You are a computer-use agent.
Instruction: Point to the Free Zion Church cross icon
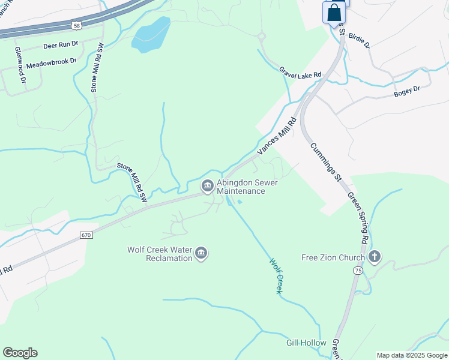pyautogui.click(x=375, y=257)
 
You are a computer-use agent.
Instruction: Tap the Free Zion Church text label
pyautogui.click(x=333, y=258)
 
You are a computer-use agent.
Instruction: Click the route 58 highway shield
pyautogui.click(x=75, y=25)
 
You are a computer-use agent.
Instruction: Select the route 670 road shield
pyautogui.click(x=86, y=236)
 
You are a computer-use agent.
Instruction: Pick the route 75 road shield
pyautogui.click(x=358, y=271)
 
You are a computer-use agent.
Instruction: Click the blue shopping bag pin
pyautogui.click(x=334, y=13)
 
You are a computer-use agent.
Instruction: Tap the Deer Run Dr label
pyautogui.click(x=61, y=45)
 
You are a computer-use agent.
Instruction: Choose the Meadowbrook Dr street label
pyautogui.click(x=52, y=61)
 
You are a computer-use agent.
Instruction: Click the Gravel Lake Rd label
pyautogui.click(x=300, y=73)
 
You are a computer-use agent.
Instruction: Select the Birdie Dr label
pyautogui.click(x=359, y=40)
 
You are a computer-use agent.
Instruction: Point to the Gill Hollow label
pyautogui.click(x=306, y=343)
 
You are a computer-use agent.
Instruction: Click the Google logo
pyautogui.click(x=20, y=353)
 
